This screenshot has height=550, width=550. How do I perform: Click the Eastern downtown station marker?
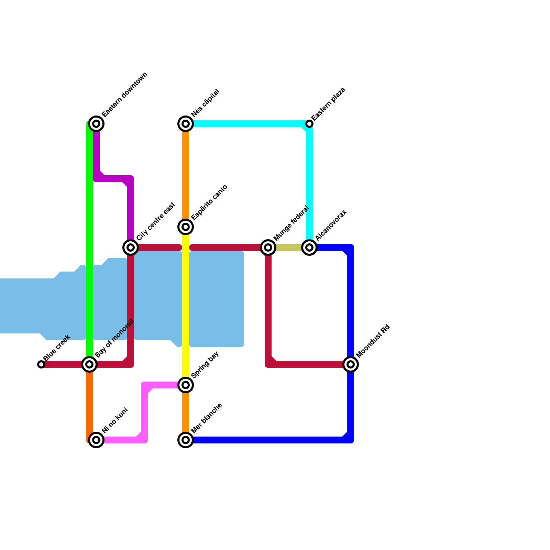[97, 124]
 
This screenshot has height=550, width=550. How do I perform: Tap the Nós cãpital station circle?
[186, 124]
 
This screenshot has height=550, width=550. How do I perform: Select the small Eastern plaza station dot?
[309, 124]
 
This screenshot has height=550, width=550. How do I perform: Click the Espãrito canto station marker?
[186, 227]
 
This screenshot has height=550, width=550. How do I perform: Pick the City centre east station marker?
[131, 247]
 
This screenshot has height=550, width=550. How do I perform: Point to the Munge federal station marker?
[268, 247]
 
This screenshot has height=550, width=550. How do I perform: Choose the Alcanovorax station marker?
[309, 247]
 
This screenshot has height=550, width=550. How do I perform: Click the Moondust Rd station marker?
[351, 364]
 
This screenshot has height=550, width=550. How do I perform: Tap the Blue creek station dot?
[41, 364]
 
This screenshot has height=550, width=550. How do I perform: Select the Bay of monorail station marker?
[89, 364]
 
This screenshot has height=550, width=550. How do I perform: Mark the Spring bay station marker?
[186, 385]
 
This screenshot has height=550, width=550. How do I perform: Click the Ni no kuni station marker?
[97, 440]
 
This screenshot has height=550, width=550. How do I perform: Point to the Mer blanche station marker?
[186, 440]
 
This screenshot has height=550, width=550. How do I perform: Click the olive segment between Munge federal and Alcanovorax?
[289, 247]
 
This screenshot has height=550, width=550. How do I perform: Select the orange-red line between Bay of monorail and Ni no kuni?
[89, 402]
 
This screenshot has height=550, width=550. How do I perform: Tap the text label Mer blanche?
[207, 418]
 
